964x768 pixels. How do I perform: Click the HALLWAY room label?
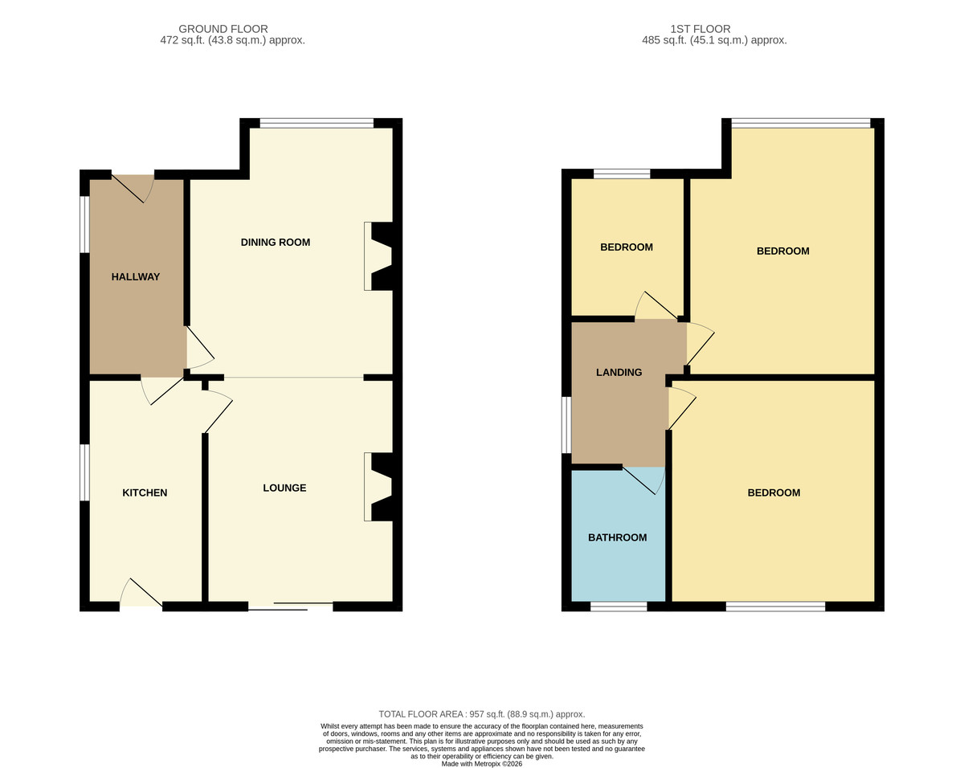(135, 277)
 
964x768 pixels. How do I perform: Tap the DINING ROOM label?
(275, 243)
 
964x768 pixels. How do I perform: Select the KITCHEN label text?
(145, 493)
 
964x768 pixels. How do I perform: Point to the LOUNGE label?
(284, 488)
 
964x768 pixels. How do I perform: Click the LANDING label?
(619, 372)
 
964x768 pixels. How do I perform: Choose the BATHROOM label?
(617, 537)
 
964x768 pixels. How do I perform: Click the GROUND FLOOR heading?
(223, 29)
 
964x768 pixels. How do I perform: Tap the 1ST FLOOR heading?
(701, 29)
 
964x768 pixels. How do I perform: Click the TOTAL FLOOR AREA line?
(482, 714)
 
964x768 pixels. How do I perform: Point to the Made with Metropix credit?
(482, 764)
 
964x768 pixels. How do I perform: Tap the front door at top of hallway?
(133, 188)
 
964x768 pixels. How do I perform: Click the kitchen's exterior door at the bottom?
(141, 593)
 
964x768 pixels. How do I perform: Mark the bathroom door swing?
(643, 480)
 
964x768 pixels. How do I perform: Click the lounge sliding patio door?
(291, 607)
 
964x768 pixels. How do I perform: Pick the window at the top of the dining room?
(317, 123)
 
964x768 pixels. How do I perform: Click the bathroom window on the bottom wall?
(619, 607)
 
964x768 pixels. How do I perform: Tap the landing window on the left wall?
(566, 425)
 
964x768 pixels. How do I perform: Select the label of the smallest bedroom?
(627, 247)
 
